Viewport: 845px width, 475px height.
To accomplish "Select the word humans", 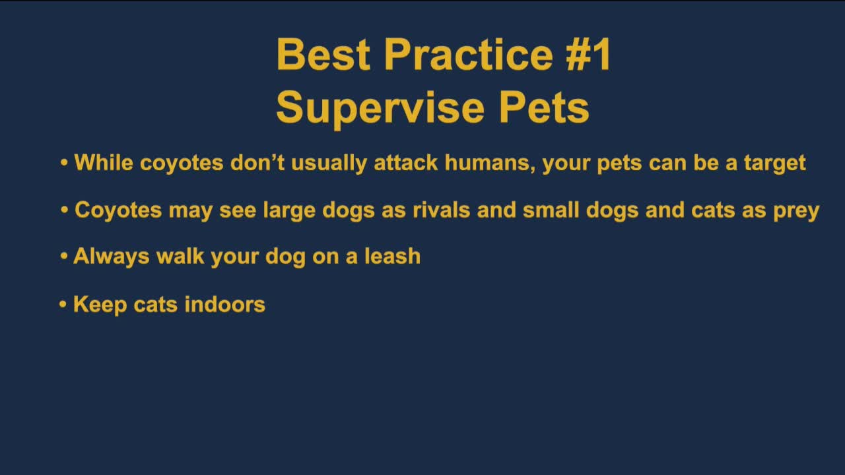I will click(489, 162).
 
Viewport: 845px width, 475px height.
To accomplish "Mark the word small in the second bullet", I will click(547, 210).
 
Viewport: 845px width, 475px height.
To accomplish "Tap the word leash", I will click(392, 256).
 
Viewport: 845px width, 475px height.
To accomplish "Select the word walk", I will click(180, 256).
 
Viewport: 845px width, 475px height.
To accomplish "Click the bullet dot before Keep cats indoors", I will click(63, 305).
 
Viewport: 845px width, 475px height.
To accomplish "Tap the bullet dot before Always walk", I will click(64, 256).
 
